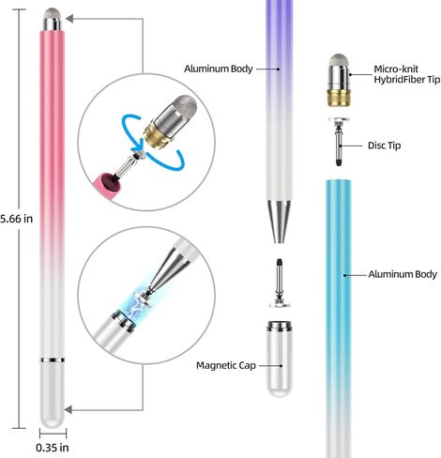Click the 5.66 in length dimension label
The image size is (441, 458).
point(16,219)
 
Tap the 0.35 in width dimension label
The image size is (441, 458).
point(53,448)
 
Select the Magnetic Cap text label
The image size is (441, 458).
point(226,365)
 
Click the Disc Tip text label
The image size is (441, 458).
point(384,145)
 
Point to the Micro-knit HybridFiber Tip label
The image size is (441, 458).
point(407,74)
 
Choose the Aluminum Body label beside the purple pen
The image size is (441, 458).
point(219,69)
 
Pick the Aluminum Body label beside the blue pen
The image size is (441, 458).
point(403,274)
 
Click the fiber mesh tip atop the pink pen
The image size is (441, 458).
point(52,13)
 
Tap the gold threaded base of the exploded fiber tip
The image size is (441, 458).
point(339,98)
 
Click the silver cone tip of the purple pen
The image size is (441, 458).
point(280,221)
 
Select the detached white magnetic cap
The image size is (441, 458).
point(280,359)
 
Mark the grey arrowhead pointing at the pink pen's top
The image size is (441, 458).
point(69,19)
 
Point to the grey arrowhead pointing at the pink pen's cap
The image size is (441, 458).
point(68,409)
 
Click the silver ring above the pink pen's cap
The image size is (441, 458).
point(53,360)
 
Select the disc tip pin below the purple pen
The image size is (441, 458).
point(280,283)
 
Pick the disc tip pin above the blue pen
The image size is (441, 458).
point(339,142)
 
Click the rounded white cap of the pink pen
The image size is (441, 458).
point(53,395)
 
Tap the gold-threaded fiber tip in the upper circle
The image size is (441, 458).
point(170,121)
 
